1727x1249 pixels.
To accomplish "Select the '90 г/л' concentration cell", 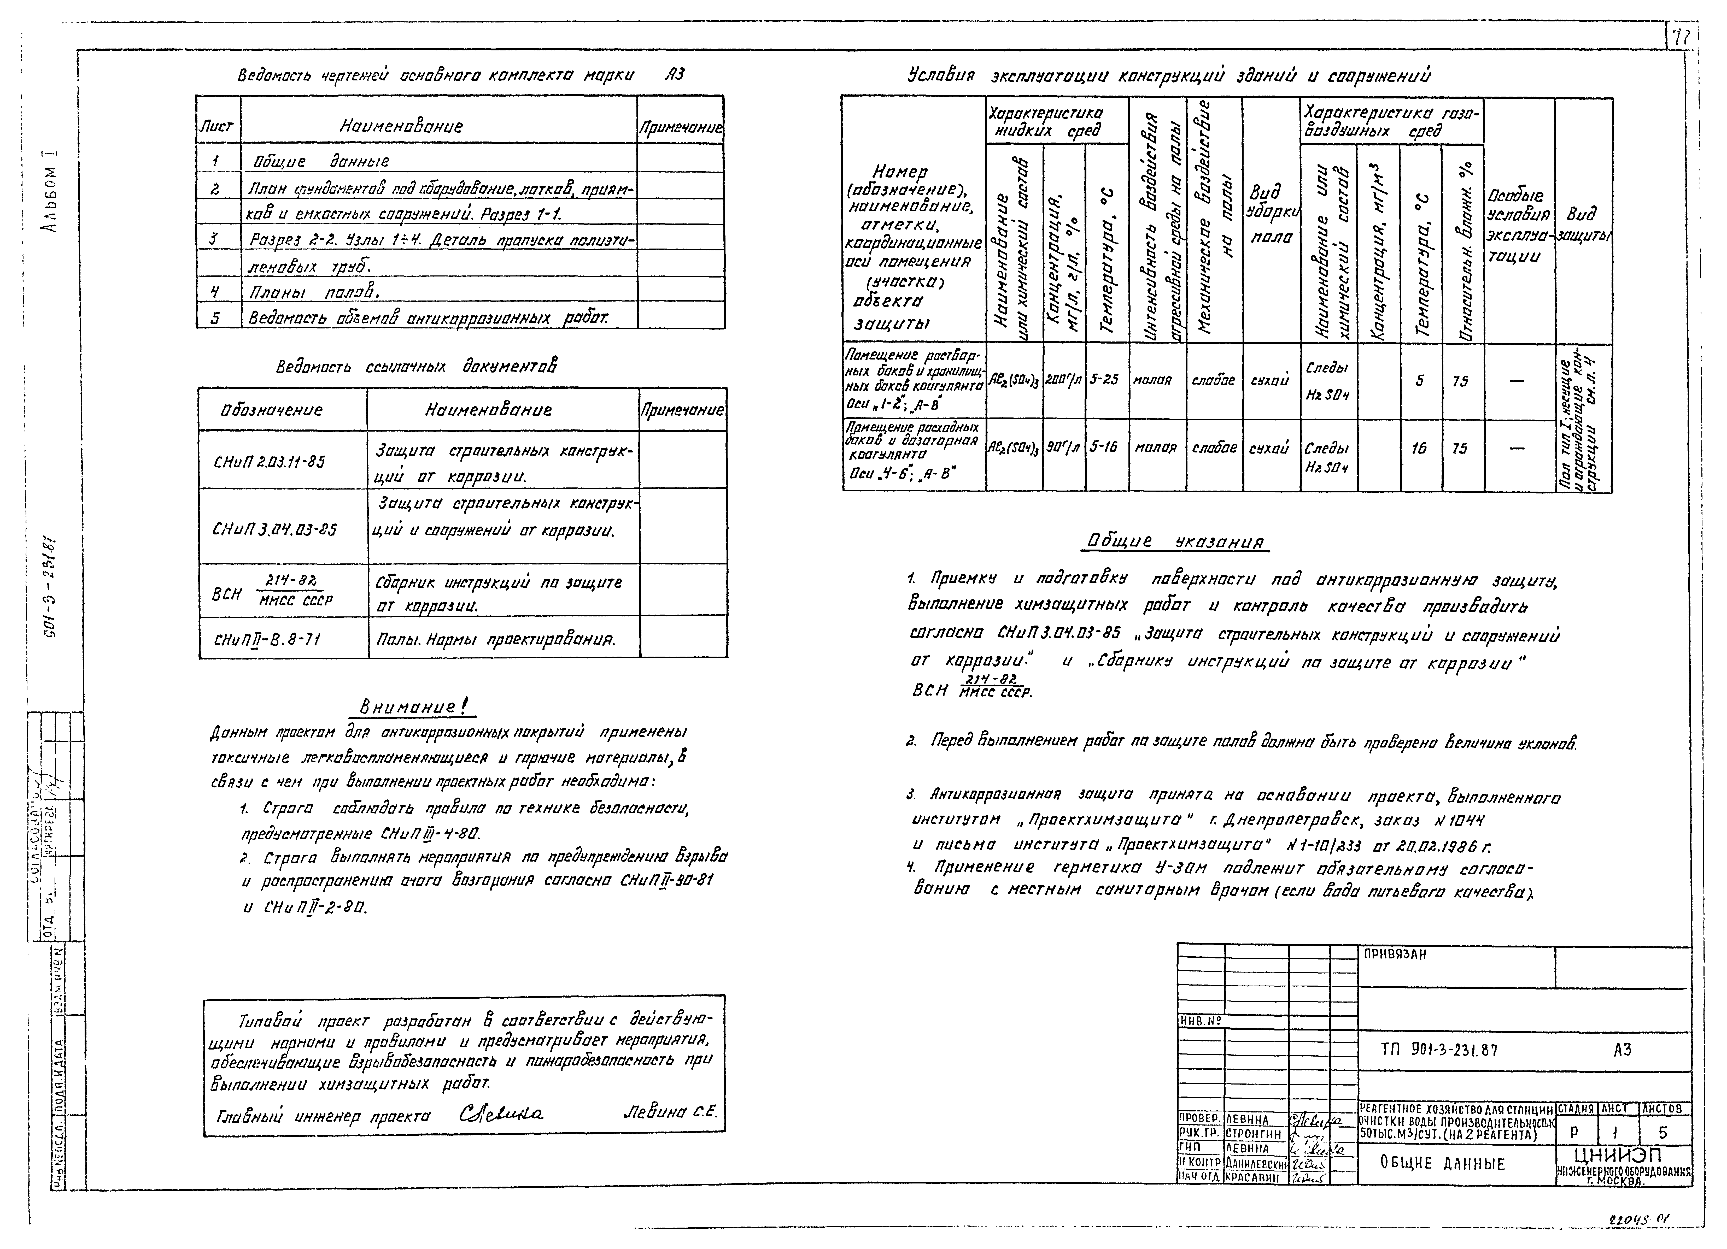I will [1063, 448].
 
